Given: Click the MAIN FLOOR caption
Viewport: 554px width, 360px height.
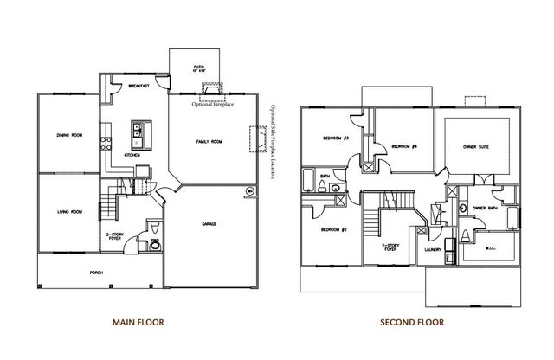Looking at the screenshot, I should [138, 321].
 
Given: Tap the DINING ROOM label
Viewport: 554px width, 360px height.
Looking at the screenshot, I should [68, 135].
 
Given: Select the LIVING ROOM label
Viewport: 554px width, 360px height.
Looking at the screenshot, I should [68, 211].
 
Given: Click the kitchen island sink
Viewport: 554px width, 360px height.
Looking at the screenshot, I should [138, 132].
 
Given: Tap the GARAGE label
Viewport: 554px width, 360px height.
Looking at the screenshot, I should [210, 224].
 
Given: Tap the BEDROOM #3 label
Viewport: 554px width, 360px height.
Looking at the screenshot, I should [335, 138].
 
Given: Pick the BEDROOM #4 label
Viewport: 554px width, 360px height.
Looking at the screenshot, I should [404, 146].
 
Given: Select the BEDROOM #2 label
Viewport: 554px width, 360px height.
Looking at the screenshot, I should [334, 229].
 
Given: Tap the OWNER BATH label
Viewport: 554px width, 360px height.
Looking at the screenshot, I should [484, 209].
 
